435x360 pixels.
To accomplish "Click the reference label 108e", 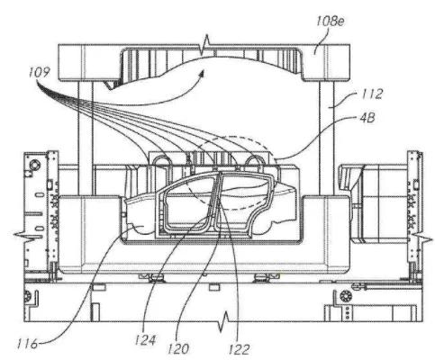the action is point(331,22).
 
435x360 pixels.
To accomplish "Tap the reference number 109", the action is point(39,73).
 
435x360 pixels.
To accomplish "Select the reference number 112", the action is point(372,94).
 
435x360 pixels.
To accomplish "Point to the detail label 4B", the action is point(367,118).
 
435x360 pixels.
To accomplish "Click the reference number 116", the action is point(27,344).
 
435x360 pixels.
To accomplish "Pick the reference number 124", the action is point(145,340).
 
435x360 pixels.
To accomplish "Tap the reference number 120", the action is point(178,348).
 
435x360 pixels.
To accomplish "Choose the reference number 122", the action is point(240,349).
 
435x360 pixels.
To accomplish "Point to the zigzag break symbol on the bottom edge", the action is point(224,322).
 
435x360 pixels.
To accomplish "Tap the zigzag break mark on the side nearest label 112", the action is point(422,238).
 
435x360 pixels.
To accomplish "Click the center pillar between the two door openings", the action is point(215,204).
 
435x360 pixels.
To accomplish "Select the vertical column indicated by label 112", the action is point(327,138).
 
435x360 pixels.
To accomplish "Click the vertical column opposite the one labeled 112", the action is point(86,138).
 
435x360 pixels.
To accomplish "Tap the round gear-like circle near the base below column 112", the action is point(345,296).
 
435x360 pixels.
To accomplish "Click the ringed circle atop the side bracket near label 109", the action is point(33,165).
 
